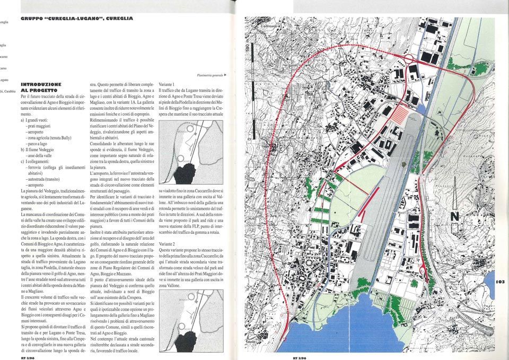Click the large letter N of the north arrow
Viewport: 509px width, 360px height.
coord(454,216)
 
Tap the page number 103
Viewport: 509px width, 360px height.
coord(501,282)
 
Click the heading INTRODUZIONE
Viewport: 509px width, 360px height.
coord(41,84)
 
